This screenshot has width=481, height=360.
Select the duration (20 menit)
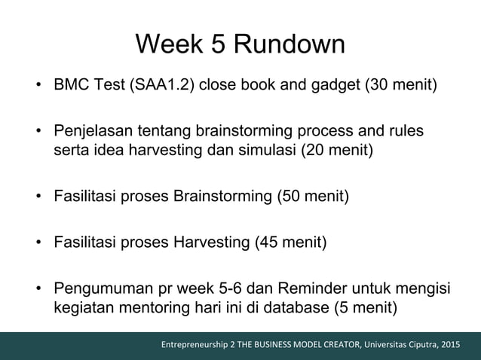pyautogui.click(x=336, y=148)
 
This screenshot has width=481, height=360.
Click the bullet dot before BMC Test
pyautogui.click(x=37, y=82)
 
